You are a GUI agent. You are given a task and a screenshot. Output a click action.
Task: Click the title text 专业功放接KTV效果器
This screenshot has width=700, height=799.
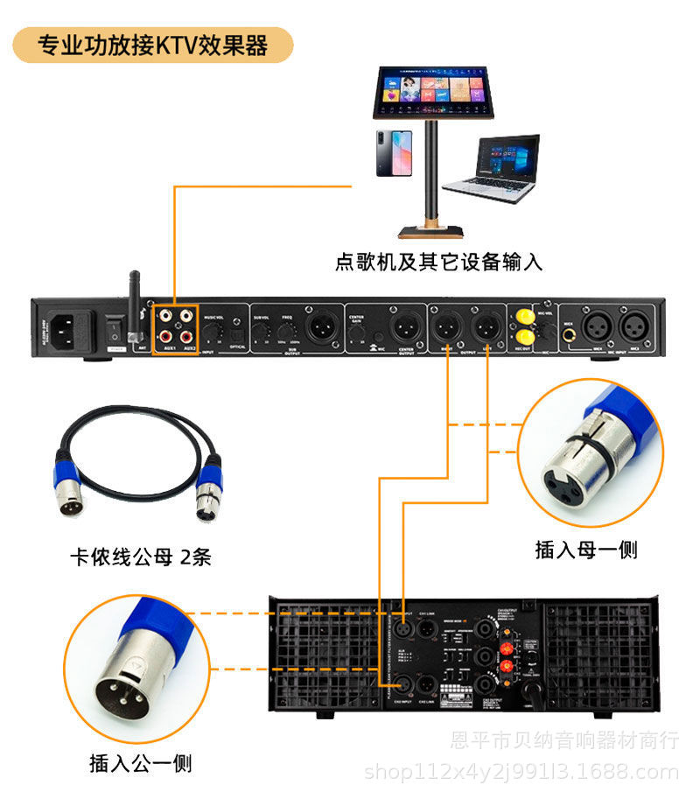pyautogui.click(x=153, y=44)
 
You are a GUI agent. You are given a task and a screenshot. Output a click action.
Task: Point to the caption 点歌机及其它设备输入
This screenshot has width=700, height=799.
pyautogui.click(x=438, y=261)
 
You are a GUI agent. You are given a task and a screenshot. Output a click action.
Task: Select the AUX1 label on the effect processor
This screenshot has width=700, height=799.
pyautogui.click(x=167, y=347)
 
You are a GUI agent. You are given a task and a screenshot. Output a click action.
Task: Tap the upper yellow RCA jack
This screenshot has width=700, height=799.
pyautogui.click(x=525, y=316)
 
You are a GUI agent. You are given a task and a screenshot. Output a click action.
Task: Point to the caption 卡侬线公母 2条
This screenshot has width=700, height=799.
pyautogui.click(x=140, y=557)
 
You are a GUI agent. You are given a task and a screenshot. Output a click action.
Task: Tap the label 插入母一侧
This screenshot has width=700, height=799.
pyautogui.click(x=586, y=550)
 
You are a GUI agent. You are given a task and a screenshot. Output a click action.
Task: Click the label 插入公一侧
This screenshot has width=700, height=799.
pyautogui.click(x=141, y=763)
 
